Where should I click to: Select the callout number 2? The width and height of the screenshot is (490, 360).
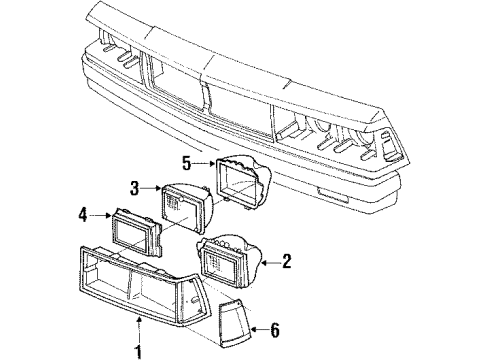coord(287,261)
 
